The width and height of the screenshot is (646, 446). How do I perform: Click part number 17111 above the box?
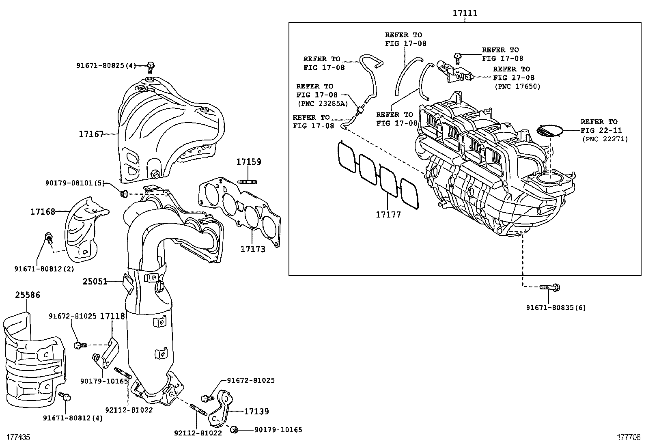pos(465,13)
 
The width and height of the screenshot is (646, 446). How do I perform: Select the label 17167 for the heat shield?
pos(91,134)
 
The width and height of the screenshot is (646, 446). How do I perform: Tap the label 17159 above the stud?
pos(249,162)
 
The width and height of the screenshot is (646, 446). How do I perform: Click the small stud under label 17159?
pos(249,181)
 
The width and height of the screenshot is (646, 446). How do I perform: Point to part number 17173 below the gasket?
pos(252,249)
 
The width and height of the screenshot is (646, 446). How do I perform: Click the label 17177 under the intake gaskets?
pos(388,215)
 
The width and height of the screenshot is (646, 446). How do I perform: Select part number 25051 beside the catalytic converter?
pos(95,281)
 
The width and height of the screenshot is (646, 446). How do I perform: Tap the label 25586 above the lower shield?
pos(28,295)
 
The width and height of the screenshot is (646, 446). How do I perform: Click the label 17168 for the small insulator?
pos(43,211)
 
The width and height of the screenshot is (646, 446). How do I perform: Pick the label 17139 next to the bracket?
pos(256,412)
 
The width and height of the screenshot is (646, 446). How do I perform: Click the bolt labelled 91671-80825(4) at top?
pos(151,66)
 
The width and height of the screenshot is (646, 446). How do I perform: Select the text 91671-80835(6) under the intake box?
pos(556,308)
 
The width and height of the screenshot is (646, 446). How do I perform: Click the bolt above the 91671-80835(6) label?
pos(549,288)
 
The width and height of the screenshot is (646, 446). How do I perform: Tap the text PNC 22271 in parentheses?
pos(605,139)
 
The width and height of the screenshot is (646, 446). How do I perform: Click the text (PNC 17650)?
pos(517,86)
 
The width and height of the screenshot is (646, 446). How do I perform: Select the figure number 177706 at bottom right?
pos(629,437)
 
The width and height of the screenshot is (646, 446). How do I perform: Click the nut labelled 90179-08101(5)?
pos(125,192)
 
